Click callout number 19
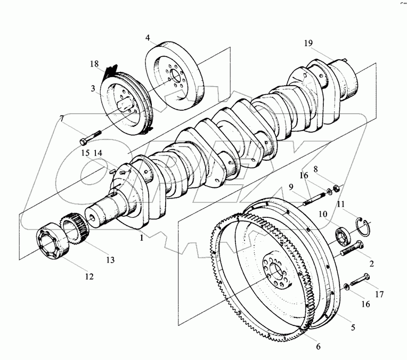tap(308, 43)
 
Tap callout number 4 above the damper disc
tap(148, 38)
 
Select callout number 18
tap(94, 64)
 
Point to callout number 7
tap(61, 119)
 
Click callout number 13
tap(110, 259)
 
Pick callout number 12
tap(89, 277)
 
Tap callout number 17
tap(379, 294)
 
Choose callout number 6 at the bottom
tap(318, 346)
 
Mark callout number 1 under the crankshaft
tap(142, 237)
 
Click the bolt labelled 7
tap(90, 137)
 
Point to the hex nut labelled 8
tap(336, 189)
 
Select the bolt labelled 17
tap(360, 280)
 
